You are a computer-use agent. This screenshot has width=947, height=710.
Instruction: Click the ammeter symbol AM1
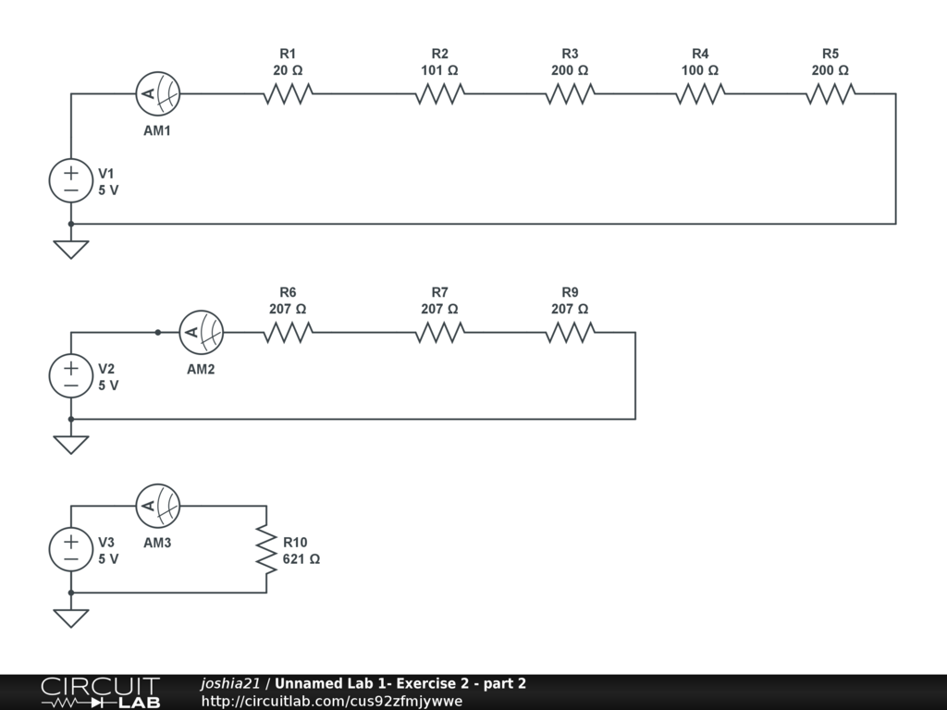tap(157, 93)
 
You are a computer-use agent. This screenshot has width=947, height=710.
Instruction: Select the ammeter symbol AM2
tap(201, 332)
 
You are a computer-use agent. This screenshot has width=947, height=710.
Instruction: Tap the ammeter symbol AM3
tap(157, 505)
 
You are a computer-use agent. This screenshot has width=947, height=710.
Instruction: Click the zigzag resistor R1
tap(288, 93)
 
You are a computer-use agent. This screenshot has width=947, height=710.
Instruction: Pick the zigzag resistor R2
tap(439, 93)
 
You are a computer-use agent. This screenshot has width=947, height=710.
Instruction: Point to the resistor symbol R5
tap(830, 93)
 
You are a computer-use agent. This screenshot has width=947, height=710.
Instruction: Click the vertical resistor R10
tap(266, 549)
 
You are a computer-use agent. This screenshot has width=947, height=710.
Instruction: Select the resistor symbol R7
tap(439, 332)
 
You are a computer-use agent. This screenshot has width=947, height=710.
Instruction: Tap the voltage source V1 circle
tap(71, 180)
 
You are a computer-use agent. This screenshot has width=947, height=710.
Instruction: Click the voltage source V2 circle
tap(71, 376)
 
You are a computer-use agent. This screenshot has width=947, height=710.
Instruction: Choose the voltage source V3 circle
tap(71, 549)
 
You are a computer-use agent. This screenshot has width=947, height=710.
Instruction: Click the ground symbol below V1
tap(71, 249)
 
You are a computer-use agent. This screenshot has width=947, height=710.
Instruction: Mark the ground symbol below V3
tap(71, 618)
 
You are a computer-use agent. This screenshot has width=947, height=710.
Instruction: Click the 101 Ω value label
tap(439, 70)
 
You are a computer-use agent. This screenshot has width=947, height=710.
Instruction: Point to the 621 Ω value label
tap(301, 559)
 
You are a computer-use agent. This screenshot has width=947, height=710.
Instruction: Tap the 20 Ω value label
tap(288, 70)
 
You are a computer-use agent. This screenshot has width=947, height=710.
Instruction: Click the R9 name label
tap(570, 292)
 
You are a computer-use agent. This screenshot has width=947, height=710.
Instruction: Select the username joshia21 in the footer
tap(230, 684)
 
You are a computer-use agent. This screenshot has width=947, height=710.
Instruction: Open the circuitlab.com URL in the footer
tap(332, 701)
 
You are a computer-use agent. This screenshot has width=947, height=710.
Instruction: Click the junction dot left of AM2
tap(157, 332)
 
